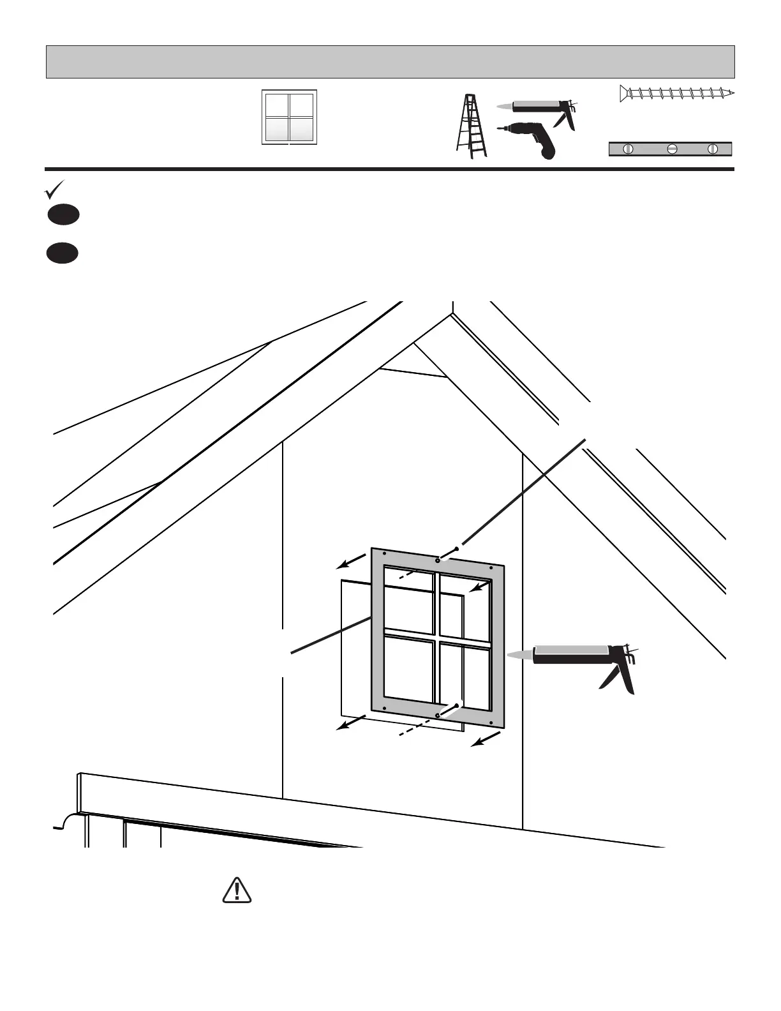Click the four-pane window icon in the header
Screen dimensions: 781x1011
(x=289, y=117)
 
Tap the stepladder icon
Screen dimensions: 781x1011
(x=472, y=126)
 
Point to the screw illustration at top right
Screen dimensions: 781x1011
(x=676, y=94)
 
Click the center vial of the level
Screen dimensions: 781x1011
(x=671, y=149)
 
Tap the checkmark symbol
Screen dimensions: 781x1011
(x=55, y=190)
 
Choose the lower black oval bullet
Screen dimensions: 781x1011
(x=62, y=253)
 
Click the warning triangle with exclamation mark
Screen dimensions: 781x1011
(x=237, y=890)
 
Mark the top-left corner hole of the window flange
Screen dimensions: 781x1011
(x=383, y=553)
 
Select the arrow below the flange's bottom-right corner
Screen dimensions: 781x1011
(x=485, y=738)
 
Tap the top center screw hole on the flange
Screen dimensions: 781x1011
(x=437, y=560)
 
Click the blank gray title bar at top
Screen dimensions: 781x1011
(x=390, y=62)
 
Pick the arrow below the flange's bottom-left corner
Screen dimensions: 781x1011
(x=351, y=723)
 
